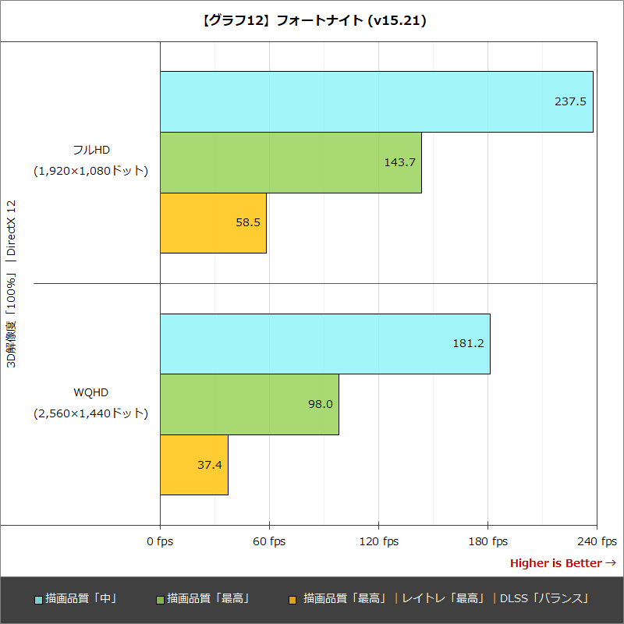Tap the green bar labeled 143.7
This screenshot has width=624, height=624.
coord(290,162)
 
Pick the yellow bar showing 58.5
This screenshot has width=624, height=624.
coord(213,222)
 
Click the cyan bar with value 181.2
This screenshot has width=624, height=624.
coord(324,343)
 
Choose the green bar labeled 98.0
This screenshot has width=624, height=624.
coord(249,404)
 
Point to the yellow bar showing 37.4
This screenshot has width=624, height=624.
coord(193,465)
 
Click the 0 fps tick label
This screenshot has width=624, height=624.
coord(160,541)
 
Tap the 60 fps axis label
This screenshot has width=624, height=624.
coord(269,541)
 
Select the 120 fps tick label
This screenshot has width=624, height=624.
coord(378,541)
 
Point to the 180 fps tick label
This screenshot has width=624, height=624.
coord(487,541)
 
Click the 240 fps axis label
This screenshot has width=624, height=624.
coord(597,541)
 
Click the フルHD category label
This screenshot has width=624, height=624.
coord(90,150)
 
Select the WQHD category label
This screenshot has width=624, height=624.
coord(90,392)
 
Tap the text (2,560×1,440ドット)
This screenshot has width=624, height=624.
coord(90,413)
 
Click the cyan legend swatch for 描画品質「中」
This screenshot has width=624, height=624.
coord(38,600)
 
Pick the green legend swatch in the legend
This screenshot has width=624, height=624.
coord(160,600)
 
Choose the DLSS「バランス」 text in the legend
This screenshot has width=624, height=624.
coord(544,598)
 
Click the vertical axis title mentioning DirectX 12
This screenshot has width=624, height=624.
coord(11,285)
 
